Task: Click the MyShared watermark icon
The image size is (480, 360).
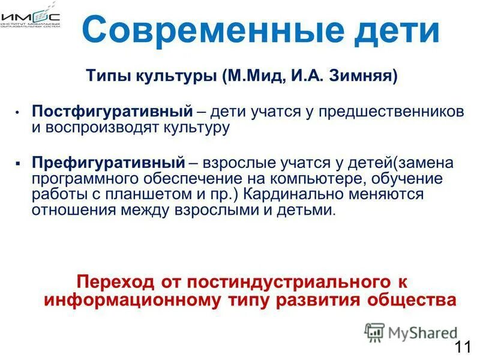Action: [x=374, y=332]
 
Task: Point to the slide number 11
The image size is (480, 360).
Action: [x=462, y=347]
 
